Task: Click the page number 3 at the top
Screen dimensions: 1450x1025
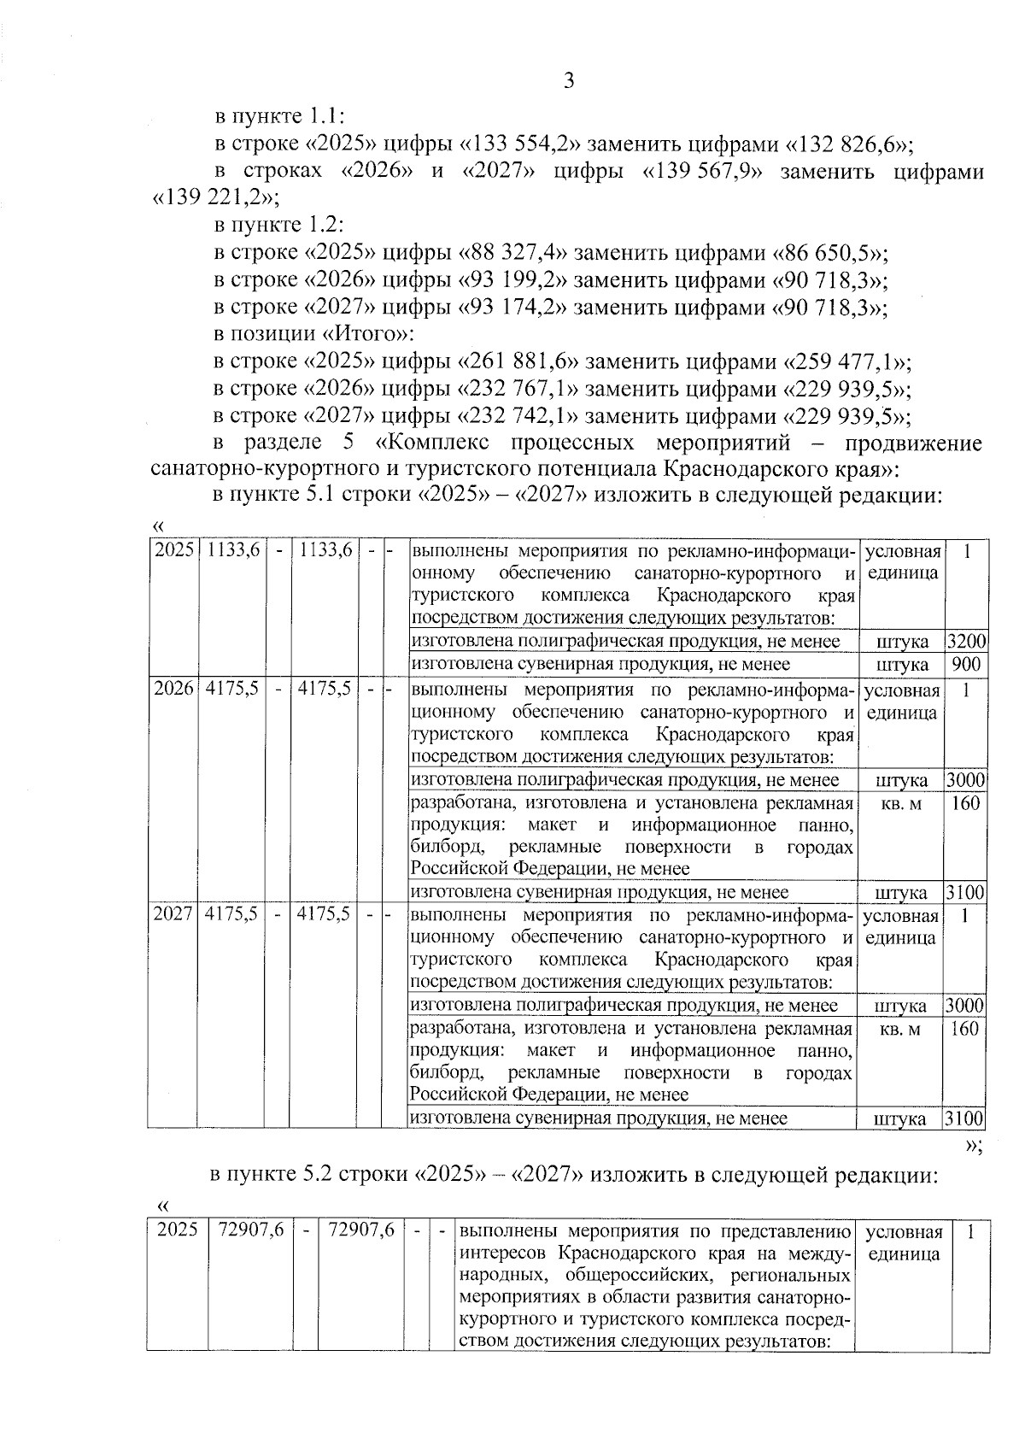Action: pyautogui.click(x=569, y=82)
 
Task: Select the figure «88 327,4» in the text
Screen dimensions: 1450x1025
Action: pyautogui.click(x=517, y=253)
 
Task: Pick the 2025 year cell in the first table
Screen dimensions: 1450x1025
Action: pyautogui.click(x=174, y=551)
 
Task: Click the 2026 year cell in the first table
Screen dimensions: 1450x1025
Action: pyautogui.click(x=174, y=690)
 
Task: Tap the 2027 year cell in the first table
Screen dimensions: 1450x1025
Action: pyautogui.click(x=174, y=914)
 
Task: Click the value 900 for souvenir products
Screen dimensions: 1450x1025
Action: pyautogui.click(x=966, y=664)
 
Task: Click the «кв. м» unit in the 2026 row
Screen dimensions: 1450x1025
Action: pyautogui.click(x=901, y=803)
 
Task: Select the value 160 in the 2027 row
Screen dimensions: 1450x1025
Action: pyautogui.click(x=964, y=1029)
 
